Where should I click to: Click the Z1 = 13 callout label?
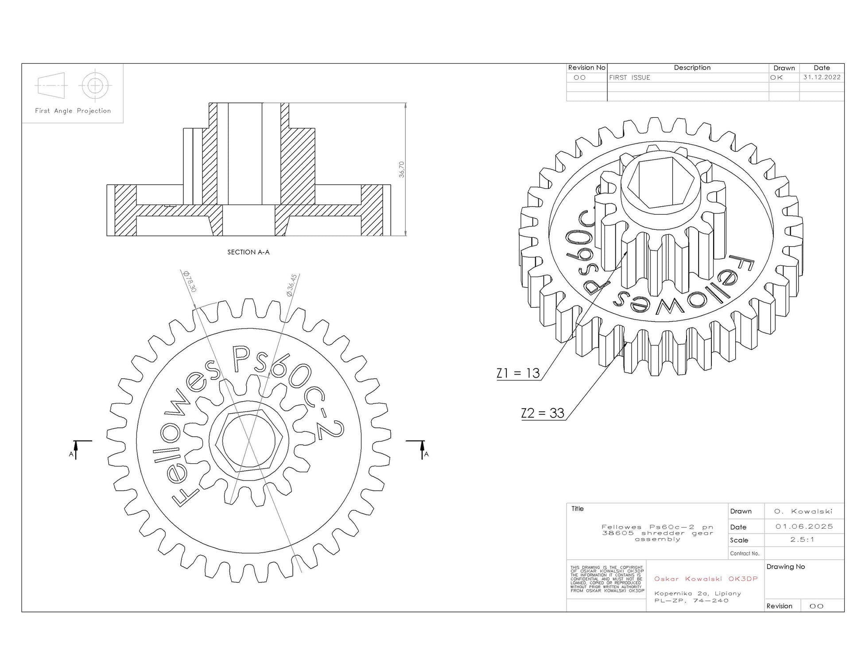click(x=518, y=373)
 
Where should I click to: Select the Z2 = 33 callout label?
click(x=543, y=413)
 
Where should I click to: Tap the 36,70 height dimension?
click(x=401, y=170)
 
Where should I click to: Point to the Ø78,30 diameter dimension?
click(x=190, y=282)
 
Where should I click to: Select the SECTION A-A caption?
click(x=249, y=252)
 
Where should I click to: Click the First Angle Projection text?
click(x=73, y=111)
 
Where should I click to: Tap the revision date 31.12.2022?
click(x=822, y=77)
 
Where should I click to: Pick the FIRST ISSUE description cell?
click(x=629, y=77)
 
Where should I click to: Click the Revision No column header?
click(x=586, y=68)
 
